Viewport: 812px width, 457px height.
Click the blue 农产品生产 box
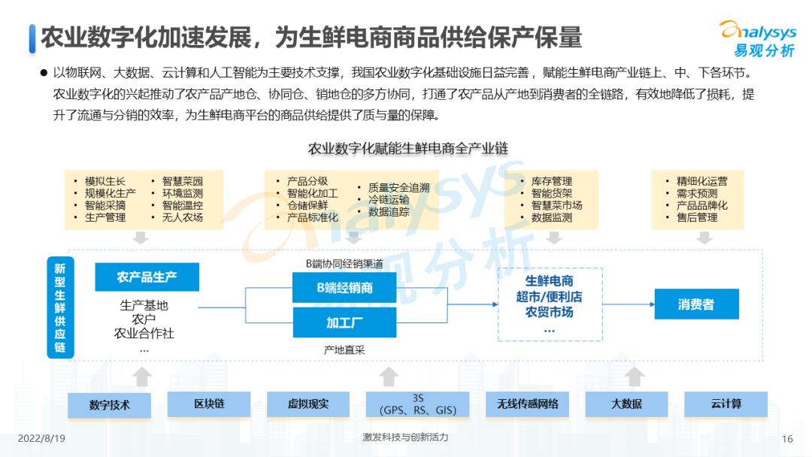coord(147,277)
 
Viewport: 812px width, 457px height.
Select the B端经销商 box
coord(344,288)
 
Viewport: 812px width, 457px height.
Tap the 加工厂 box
coord(344,323)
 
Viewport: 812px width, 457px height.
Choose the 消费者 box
coord(695,304)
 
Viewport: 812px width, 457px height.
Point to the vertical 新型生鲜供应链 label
coord(59,307)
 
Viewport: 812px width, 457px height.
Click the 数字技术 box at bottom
coord(109,404)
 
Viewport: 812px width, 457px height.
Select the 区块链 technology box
coord(209,404)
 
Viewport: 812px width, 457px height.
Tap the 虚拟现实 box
coord(308,404)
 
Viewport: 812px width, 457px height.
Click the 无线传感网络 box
coord(527,404)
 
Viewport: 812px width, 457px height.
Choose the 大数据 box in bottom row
coord(626,404)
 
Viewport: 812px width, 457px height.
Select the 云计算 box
coord(726,404)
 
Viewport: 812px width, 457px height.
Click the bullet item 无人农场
coord(182,218)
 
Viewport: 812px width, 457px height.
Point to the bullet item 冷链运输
coord(388,200)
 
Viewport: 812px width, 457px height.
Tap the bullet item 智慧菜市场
coord(556,205)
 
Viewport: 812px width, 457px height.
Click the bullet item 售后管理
coord(696,218)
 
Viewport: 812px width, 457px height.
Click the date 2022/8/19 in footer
coord(41,438)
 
